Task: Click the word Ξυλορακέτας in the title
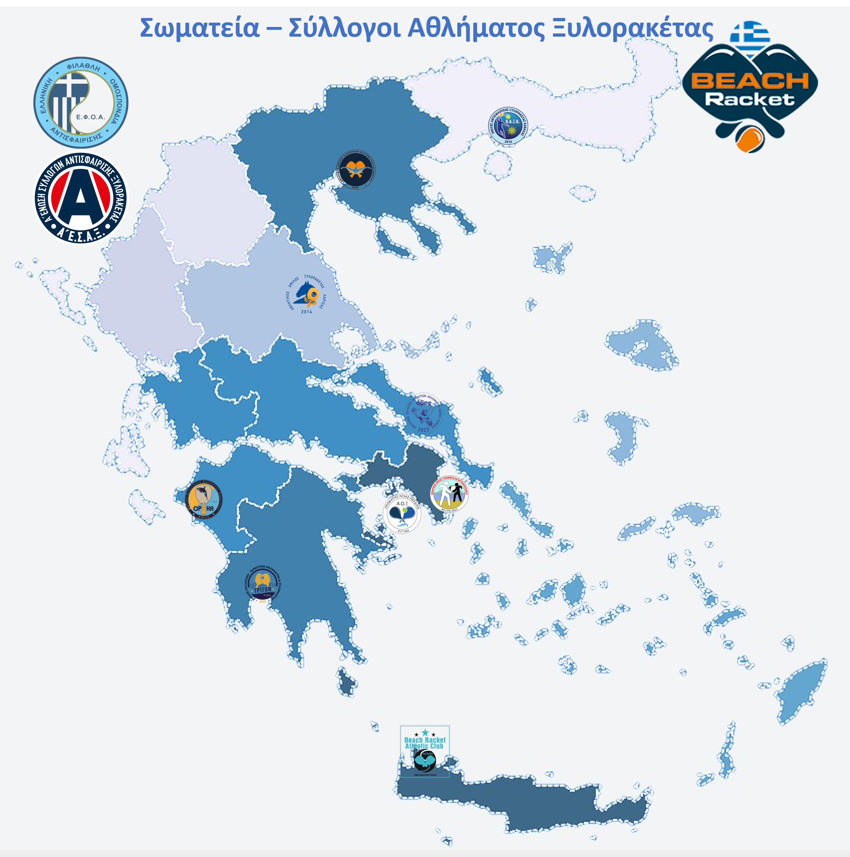click(633, 28)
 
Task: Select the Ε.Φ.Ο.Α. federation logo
click(81, 102)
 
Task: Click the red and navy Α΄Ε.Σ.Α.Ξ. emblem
click(81, 198)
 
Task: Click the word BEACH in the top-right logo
click(750, 81)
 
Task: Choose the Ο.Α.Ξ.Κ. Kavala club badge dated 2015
click(508, 126)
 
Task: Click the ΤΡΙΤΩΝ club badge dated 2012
click(263, 584)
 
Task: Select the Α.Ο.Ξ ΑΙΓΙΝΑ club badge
click(402, 514)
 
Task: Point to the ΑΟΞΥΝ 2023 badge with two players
click(449, 493)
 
